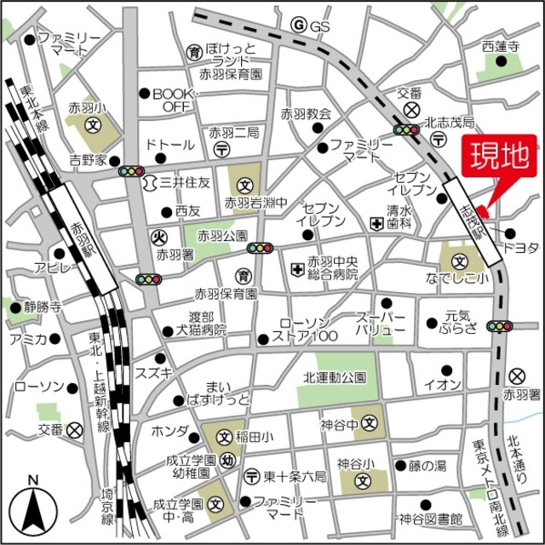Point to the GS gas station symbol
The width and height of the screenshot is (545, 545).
[298, 26]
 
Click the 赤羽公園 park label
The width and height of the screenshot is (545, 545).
[222, 235]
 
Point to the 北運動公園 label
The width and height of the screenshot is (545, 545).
[335, 377]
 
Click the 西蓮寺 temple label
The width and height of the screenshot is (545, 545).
[500, 47]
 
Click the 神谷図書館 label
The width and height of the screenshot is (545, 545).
[431, 519]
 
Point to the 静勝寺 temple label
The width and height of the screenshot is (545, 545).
[43, 307]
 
